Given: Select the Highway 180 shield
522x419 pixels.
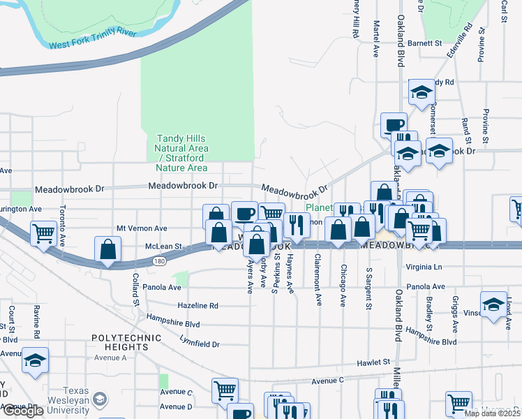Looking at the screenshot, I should coord(158,260).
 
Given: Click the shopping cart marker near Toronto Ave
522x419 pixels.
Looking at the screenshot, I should coord(43,233).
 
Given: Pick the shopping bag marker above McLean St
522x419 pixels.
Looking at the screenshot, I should coord(109,249).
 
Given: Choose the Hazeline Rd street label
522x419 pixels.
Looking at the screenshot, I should coord(197,306).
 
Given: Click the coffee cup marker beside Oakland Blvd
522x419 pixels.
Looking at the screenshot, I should coord(394,125).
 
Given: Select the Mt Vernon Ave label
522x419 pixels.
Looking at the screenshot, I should coord(142,228).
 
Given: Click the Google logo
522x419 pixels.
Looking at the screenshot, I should coord(24,410).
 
